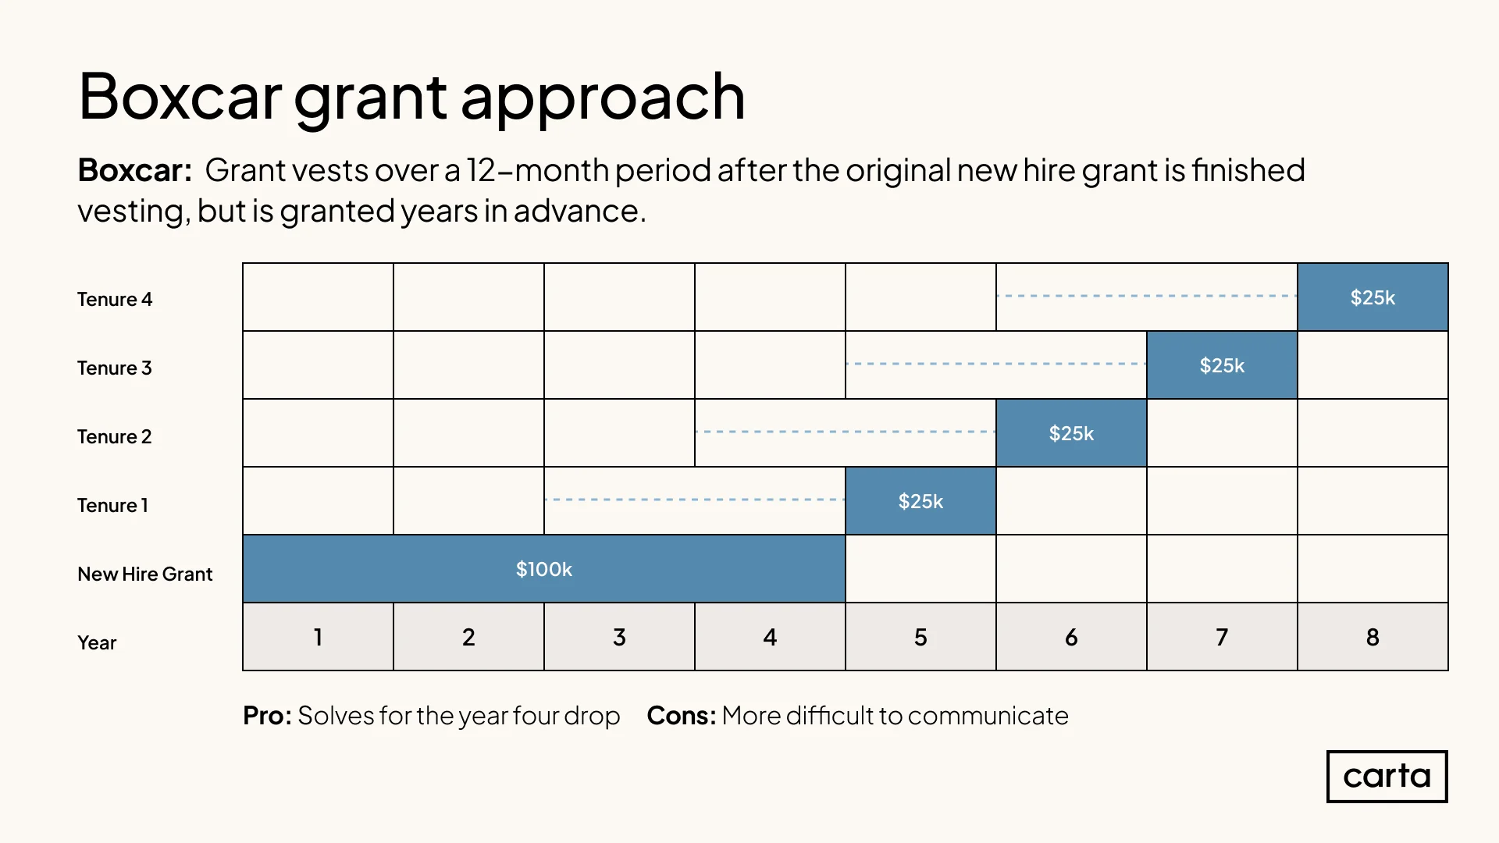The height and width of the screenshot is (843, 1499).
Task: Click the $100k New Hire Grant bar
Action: click(544, 568)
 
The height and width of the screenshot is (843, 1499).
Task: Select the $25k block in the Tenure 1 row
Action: click(920, 500)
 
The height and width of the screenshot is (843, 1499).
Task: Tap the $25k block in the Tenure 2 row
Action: click(1071, 432)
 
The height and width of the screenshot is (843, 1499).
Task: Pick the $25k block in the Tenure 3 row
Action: click(1222, 365)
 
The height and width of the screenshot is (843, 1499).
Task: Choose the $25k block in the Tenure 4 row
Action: click(1373, 297)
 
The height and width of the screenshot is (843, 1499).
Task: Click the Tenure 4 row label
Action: click(115, 300)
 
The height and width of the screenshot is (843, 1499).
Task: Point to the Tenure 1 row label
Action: click(112, 506)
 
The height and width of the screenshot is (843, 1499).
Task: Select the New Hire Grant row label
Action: click(144, 574)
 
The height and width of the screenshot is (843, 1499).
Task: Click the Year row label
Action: click(97, 643)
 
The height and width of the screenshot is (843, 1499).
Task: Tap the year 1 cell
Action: click(318, 636)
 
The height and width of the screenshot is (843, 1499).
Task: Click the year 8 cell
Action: click(1373, 636)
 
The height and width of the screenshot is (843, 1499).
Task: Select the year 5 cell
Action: click(920, 636)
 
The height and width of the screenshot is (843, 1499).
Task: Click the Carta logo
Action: click(1387, 777)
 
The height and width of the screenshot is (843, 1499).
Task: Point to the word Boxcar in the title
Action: click(180, 97)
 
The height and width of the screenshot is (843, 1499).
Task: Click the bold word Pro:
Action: click(267, 716)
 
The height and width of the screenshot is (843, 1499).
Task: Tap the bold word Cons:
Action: click(682, 716)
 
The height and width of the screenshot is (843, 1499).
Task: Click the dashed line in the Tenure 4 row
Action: click(1147, 296)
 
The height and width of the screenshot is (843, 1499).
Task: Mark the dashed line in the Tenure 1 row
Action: click(695, 500)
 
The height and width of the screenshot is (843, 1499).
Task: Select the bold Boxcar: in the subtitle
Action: click(135, 170)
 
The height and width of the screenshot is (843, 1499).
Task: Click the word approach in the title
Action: click(603, 100)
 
